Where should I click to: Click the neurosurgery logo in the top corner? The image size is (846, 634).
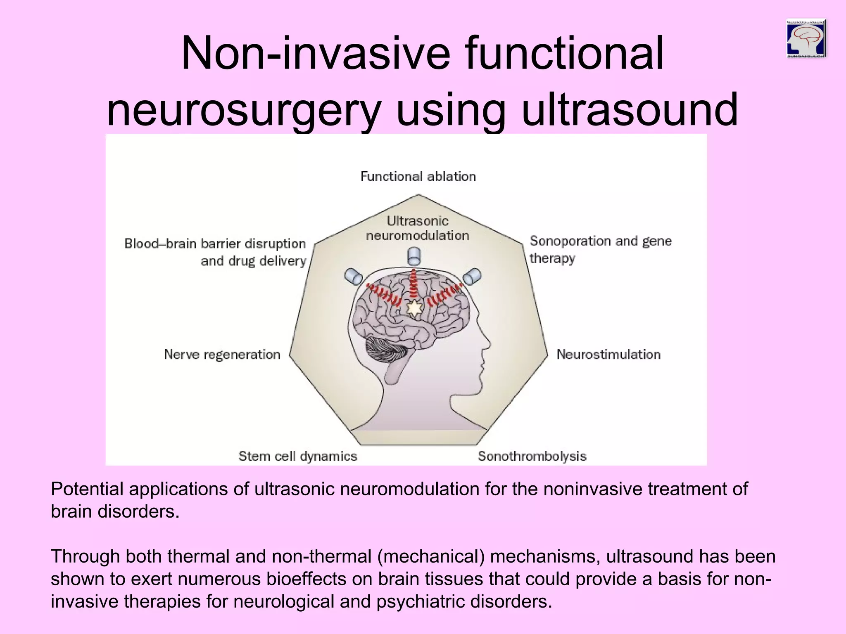point(806,38)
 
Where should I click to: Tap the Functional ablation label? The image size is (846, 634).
point(418,177)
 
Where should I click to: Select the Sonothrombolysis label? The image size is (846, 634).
point(532,456)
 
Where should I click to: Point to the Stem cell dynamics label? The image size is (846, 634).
point(297,456)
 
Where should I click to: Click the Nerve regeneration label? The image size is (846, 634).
point(222,355)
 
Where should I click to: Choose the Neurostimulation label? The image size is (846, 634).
point(608,355)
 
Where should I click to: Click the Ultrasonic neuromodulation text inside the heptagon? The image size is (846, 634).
point(418,228)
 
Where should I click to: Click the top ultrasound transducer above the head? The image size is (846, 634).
point(414,256)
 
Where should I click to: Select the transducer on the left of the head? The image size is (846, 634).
point(353,277)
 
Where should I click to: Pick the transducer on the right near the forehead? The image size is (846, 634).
point(472,277)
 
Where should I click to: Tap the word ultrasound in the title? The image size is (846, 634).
point(630,110)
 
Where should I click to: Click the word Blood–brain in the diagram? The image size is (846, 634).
point(160,244)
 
